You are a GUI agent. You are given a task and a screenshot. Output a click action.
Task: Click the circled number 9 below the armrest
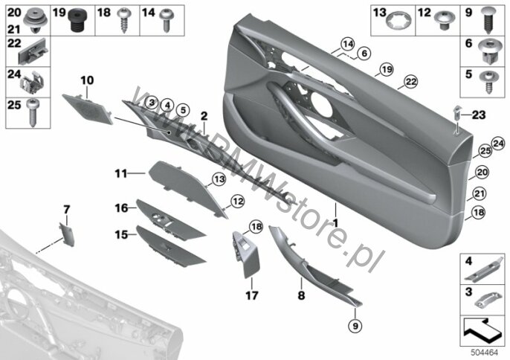355,325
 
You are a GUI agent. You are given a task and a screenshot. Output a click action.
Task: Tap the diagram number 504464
484,353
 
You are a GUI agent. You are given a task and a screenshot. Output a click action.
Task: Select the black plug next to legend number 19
77,19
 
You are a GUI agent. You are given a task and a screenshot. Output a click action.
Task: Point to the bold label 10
87,80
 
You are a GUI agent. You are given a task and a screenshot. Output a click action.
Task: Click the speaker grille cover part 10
88,109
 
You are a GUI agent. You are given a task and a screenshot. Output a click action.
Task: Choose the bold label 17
252,295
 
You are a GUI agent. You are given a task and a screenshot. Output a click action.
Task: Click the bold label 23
479,115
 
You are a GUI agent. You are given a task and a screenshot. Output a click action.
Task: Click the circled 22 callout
411,82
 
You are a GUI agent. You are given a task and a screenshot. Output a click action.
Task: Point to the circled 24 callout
498,144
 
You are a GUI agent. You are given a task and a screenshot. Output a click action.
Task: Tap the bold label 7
67,209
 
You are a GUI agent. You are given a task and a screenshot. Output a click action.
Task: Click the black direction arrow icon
482,330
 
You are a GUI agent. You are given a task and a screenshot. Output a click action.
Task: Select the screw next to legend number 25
33,113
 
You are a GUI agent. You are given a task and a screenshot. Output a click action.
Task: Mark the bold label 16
122,208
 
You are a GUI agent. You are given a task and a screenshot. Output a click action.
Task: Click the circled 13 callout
219,179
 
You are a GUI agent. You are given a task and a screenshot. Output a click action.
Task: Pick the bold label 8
301,295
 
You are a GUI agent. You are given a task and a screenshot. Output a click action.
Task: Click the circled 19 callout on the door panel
387,69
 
